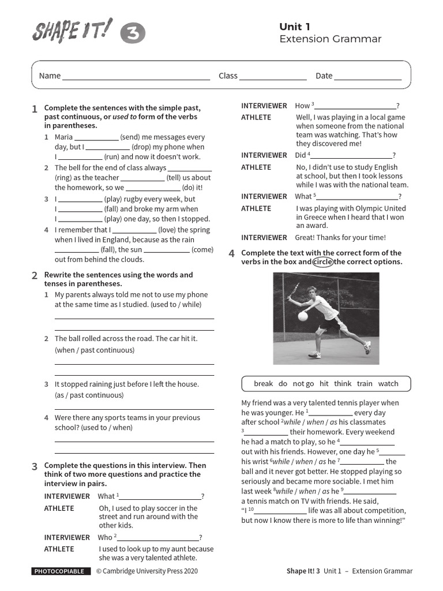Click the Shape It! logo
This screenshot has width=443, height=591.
72,32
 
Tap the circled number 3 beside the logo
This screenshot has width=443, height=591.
133,35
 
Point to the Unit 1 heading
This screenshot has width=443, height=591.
295,27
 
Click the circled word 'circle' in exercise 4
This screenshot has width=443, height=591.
323,262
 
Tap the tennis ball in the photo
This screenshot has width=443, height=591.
303,316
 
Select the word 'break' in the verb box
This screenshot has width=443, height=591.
263,384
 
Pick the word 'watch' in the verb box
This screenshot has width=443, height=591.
388,384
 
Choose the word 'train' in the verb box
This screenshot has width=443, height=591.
365,384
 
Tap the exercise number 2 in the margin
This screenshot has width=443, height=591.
35,276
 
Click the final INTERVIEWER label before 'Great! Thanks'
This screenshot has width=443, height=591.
264,238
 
